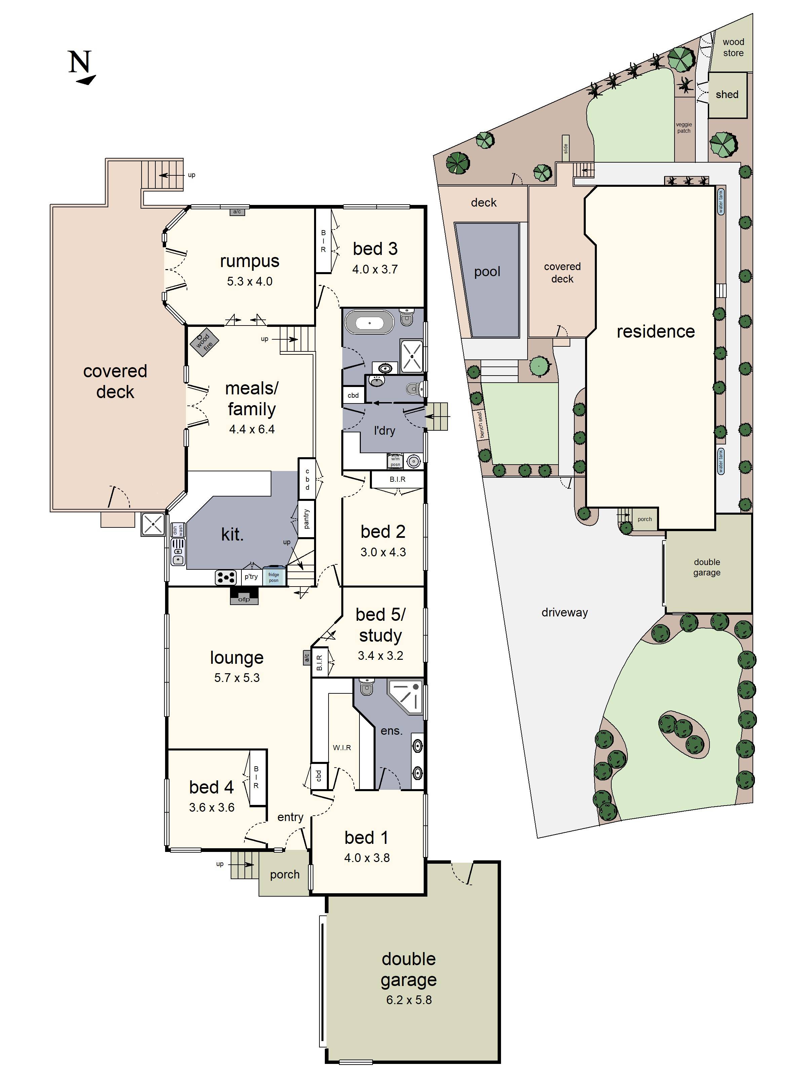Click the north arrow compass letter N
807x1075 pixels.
pos(80,62)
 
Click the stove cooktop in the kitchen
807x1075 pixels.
pos(226,577)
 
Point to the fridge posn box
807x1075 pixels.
pos(274,577)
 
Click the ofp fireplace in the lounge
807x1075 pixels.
pos(244,596)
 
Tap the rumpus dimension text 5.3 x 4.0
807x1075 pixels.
pos(249,282)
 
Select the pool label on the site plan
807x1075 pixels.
pos(487,272)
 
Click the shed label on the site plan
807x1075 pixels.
pos(727,95)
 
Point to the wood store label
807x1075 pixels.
pos(733,48)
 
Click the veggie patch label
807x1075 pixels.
pos(684,128)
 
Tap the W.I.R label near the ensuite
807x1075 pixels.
pos(342,747)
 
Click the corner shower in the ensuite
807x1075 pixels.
pos(407,696)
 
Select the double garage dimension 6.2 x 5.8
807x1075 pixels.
pos(409,1000)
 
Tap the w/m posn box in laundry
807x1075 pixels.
pos(395,461)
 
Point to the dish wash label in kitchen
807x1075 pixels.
pos(178,530)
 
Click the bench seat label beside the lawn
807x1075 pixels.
pos(479,424)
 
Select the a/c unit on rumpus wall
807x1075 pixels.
pos(237,212)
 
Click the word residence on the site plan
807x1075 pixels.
pos(655,332)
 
